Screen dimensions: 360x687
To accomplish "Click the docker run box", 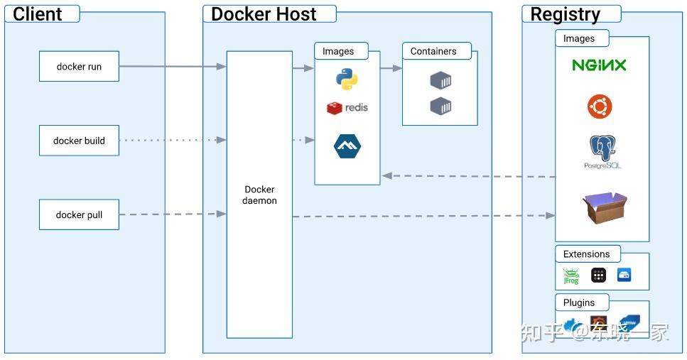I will [79, 67].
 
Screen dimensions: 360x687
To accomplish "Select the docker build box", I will [79, 141].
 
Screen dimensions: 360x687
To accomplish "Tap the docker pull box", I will [79, 214].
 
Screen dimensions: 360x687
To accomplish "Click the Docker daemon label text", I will [259, 195].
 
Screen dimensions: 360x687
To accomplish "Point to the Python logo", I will [346, 79].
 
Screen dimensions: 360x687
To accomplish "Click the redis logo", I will [347, 108].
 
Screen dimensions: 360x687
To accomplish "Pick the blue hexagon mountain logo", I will [347, 146].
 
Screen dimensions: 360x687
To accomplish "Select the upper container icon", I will [440, 80].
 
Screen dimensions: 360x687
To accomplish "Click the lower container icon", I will [440, 107].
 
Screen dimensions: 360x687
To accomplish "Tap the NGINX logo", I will [600, 65].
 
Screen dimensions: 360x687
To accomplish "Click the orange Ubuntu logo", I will [600, 107].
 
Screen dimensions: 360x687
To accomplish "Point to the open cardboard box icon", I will [605, 207].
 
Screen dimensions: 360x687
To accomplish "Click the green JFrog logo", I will [570, 276].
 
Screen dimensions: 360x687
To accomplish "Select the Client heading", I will [38, 13].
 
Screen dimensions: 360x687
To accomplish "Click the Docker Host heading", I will [264, 13].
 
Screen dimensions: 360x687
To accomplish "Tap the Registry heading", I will [566, 14].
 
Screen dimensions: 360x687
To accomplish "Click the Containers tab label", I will [433, 51].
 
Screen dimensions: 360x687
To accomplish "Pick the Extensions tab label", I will [586, 254].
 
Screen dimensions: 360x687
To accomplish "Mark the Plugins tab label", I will [579, 302].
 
